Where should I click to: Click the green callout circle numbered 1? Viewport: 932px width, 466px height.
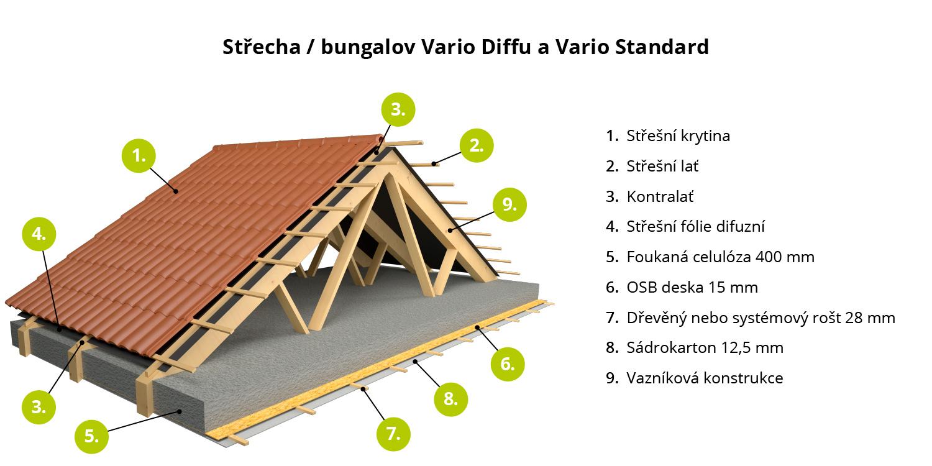coord(139,155)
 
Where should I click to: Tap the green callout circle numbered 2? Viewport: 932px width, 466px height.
coord(477,145)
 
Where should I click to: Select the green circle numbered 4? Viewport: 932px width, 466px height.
coord(39,234)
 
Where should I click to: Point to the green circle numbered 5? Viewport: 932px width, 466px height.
coord(91,436)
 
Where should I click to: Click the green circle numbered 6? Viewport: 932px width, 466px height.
coord(507,364)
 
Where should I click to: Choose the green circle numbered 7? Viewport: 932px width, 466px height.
coord(393,434)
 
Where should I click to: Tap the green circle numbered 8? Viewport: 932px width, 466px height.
coord(450,399)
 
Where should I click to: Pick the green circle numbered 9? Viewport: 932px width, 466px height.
coord(509,204)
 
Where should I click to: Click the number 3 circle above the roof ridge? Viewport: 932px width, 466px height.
coord(398,109)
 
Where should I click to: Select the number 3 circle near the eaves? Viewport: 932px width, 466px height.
coord(39,407)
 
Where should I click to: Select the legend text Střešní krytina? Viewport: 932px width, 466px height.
coord(678,135)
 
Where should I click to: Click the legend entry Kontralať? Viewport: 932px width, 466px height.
coord(660,196)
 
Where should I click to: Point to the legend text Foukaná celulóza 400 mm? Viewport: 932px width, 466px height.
coord(721,257)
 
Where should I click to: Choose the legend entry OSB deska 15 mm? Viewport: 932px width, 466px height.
coord(692,287)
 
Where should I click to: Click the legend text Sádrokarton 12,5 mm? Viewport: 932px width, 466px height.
coord(705,347)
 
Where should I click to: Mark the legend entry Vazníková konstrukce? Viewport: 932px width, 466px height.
coord(705,378)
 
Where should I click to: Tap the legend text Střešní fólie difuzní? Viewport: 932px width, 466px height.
coord(696,226)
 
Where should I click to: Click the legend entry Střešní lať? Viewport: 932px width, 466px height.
coord(662,166)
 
